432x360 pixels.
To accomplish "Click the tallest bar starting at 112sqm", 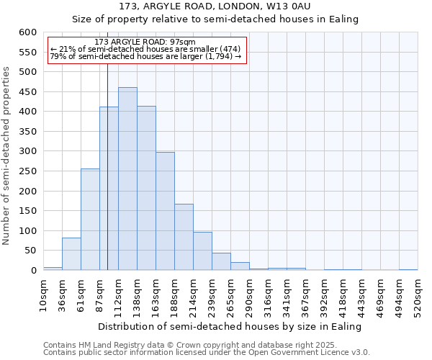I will pyautogui.click(x=127, y=179).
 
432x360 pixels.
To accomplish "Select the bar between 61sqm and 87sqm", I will pyautogui.click(x=90, y=220).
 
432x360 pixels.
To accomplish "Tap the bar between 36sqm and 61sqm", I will pyautogui.click(x=71, y=253).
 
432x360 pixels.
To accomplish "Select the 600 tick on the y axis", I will pyautogui.click(x=27, y=32).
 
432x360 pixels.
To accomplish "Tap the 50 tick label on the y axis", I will pyautogui.click(x=30, y=251).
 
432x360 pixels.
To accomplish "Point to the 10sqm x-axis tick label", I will pyautogui.click(x=44, y=294).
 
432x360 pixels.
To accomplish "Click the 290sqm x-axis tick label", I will pyautogui.click(x=250, y=294).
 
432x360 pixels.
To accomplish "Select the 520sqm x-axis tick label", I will pyautogui.click(x=418, y=294).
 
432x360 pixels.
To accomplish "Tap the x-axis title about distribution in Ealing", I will pyautogui.click(x=230, y=326).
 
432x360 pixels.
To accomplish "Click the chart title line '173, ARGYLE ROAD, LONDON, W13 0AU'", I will pyautogui.click(x=215, y=6).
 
